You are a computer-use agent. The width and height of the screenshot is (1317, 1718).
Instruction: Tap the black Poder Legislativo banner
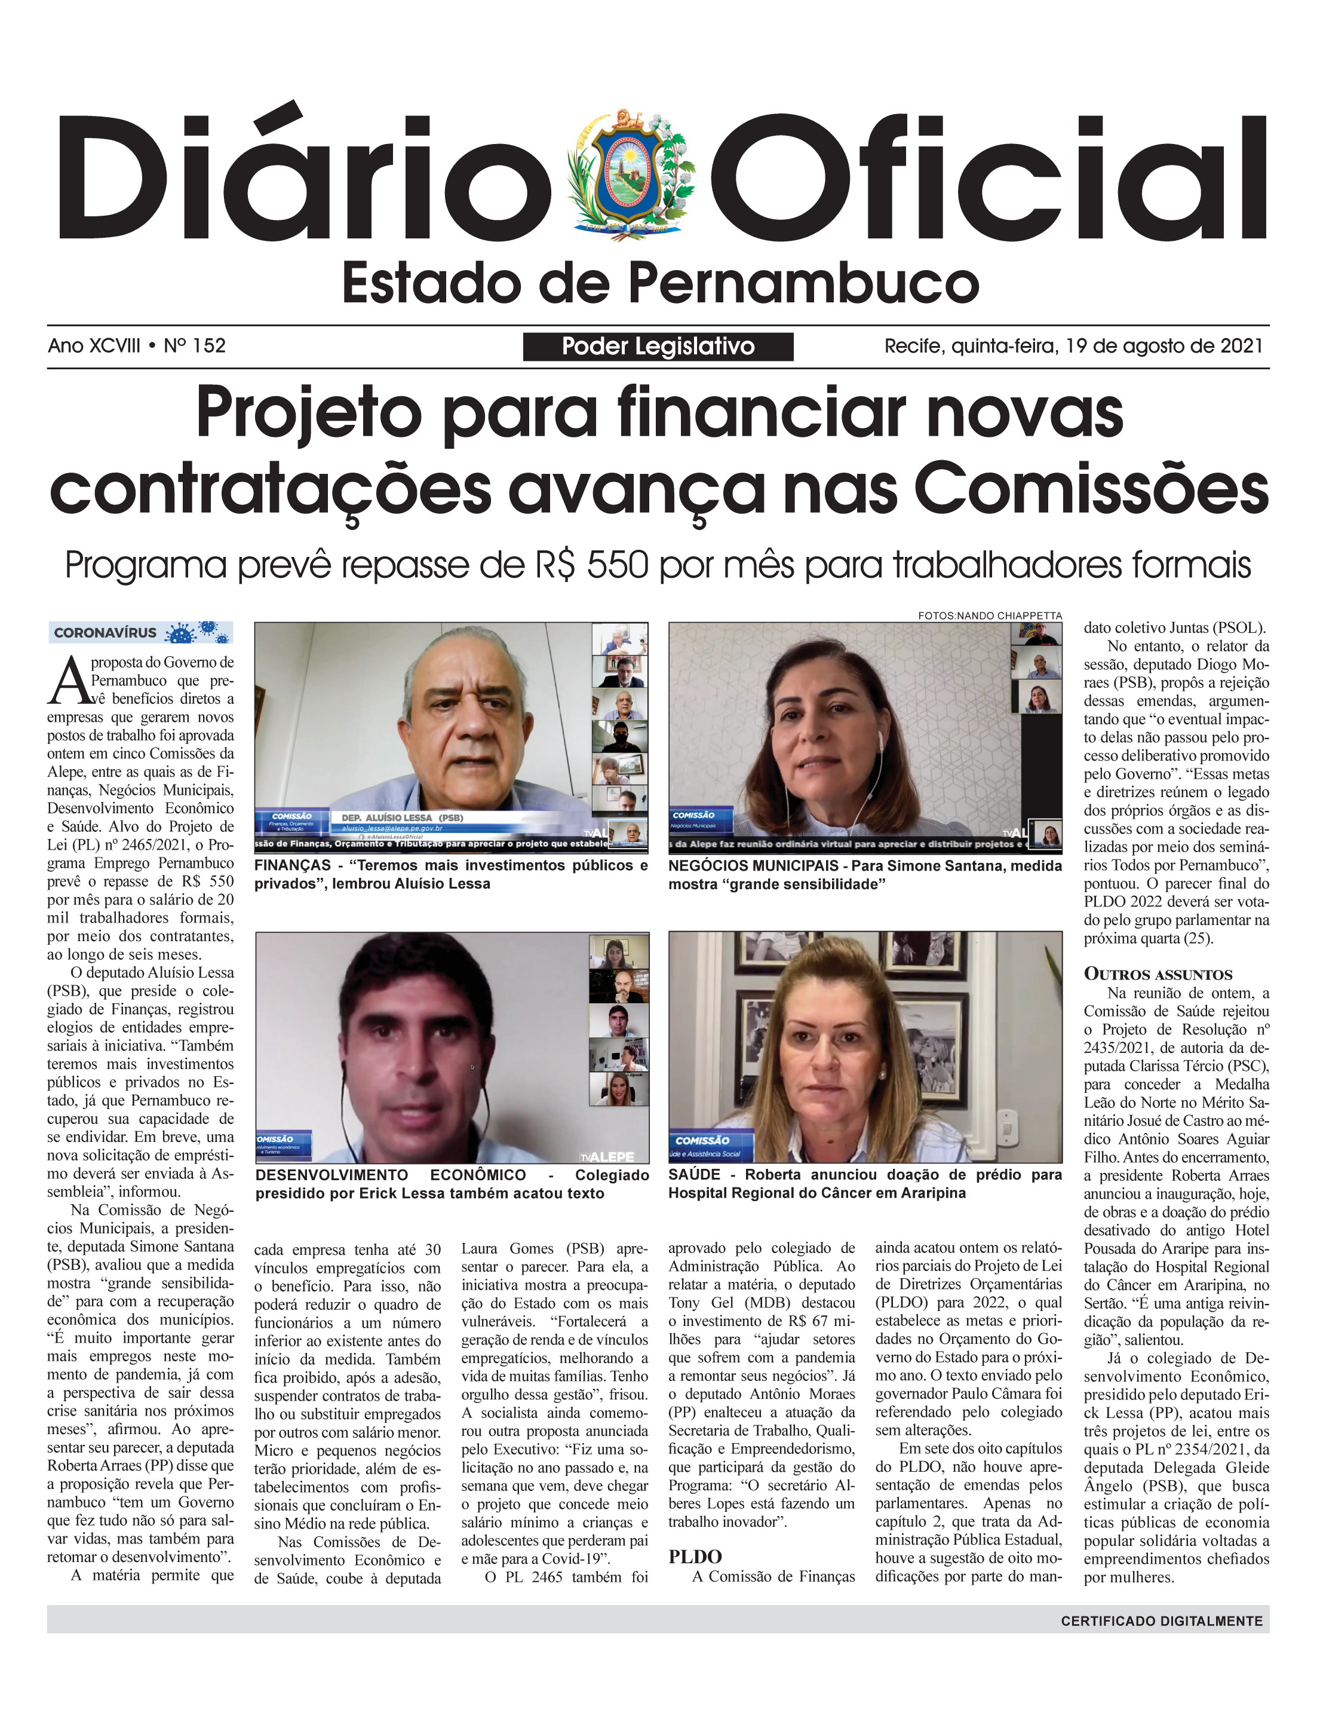tap(658, 347)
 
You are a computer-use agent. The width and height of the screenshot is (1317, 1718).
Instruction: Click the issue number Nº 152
tap(195, 346)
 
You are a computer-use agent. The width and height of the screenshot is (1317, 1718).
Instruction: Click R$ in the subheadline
tap(555, 565)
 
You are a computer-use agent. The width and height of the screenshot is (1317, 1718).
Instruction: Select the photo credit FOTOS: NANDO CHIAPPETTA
tap(989, 615)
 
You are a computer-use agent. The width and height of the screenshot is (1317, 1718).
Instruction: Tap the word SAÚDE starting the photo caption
tap(694, 1175)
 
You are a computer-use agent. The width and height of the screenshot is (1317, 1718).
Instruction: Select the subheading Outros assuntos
tap(1158, 975)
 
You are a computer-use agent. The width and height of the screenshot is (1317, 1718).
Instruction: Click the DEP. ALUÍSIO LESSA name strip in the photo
tap(401, 818)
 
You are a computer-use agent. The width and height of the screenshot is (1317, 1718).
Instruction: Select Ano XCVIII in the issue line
tap(94, 346)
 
